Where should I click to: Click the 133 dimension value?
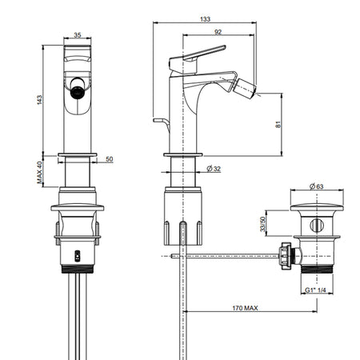[x=205, y=19]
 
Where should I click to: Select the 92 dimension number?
[x=218, y=32]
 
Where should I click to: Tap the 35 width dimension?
[x=78, y=35]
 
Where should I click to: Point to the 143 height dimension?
[x=39, y=100]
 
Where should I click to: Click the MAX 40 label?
[x=39, y=173]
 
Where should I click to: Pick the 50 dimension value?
[x=110, y=159]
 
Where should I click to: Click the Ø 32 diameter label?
[x=214, y=169]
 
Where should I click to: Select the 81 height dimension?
[x=278, y=125]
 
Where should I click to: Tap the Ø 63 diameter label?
[x=317, y=186]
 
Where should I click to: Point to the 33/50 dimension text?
[x=263, y=224]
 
